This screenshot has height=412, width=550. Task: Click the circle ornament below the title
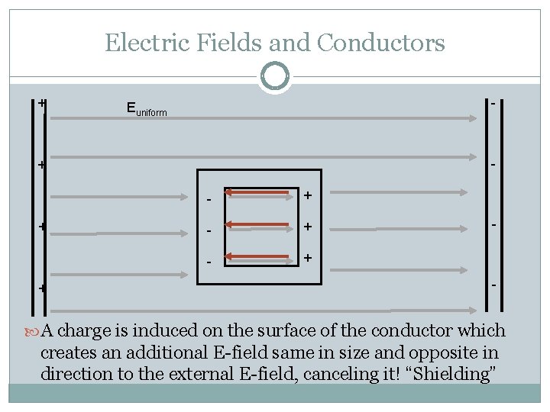pos(275,77)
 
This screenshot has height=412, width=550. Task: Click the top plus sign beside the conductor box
pos(307,196)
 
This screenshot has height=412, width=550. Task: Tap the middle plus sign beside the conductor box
pos(307,227)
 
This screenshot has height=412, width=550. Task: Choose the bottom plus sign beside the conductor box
pos(307,257)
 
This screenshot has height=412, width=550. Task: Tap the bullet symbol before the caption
pos(32,331)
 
